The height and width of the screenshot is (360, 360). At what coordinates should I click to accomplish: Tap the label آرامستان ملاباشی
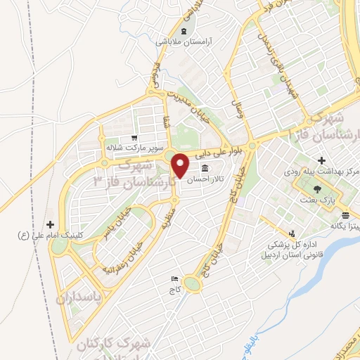[x=184, y=41]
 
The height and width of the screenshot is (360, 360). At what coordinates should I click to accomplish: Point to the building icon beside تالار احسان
[x=205, y=169]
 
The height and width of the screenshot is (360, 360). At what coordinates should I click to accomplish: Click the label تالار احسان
[x=209, y=179]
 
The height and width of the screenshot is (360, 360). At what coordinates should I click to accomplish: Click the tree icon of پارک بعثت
[x=316, y=189]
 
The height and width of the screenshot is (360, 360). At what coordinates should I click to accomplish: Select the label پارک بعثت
[x=316, y=201]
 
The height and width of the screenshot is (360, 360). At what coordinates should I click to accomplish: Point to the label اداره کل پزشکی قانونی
[x=296, y=250]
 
